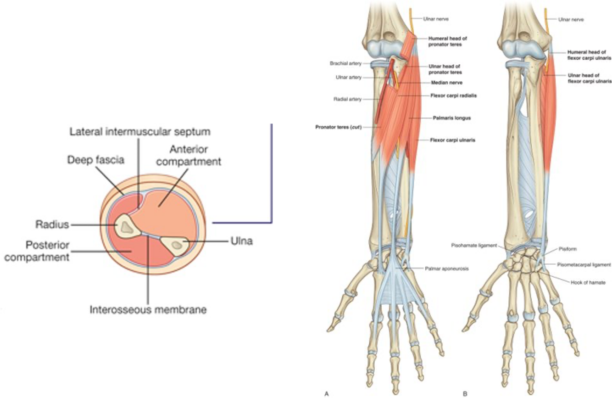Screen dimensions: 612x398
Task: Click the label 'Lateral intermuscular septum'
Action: tap(140, 132)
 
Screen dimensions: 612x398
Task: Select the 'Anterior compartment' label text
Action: tap(195, 156)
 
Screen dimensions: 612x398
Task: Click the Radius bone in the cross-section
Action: tap(126, 225)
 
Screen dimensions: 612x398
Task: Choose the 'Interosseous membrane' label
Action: tap(148, 309)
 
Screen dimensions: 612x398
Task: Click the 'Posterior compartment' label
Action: tap(37, 251)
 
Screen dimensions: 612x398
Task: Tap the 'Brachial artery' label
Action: tap(345, 63)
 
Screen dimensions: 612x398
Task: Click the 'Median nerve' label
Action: tap(446, 83)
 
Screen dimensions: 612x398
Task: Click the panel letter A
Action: tap(326, 393)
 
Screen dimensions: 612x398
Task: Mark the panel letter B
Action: tap(465, 393)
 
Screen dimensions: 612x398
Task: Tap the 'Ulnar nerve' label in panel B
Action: tap(571, 20)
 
